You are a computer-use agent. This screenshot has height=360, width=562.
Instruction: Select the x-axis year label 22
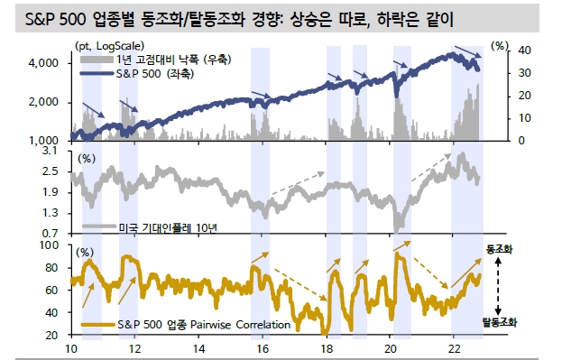pos(456,348)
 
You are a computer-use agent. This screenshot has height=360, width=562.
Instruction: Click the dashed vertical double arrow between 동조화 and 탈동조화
pos(499,284)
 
